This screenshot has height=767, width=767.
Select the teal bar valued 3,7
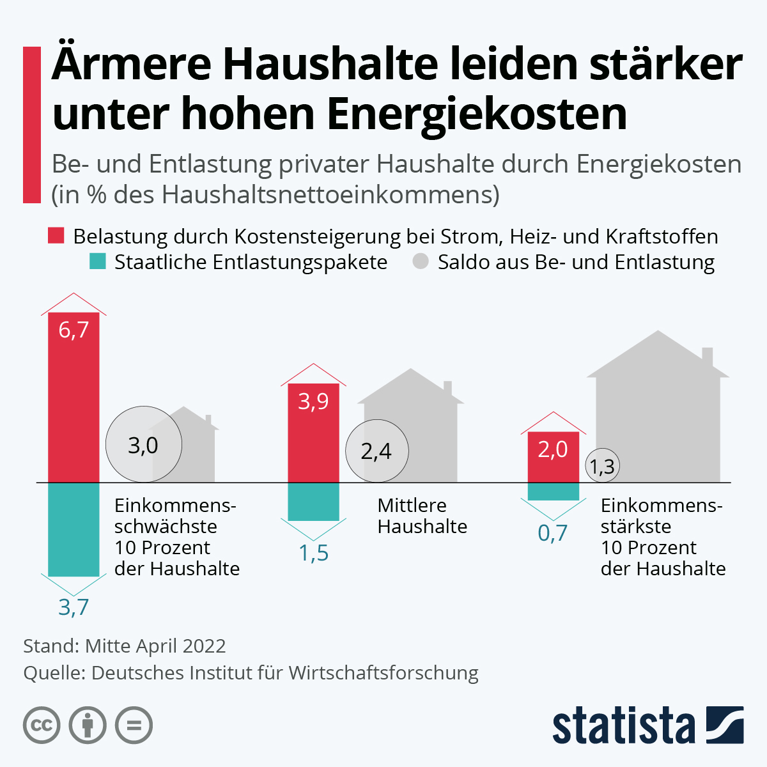(74, 529)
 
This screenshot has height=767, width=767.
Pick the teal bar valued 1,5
(313, 501)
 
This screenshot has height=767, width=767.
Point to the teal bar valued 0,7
(553, 491)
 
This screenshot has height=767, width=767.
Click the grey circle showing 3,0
(144, 445)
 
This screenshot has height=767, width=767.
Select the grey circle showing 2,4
(376, 451)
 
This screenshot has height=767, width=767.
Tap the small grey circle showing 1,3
(602, 466)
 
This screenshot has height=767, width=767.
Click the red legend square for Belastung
(56, 236)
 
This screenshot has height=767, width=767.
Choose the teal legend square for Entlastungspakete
(97, 262)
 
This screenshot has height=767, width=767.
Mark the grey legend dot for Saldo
(421, 262)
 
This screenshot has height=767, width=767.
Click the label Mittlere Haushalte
(422, 516)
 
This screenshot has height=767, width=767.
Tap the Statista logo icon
(724, 725)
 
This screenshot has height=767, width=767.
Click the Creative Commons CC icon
(42, 725)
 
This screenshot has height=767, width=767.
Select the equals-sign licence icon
(134, 725)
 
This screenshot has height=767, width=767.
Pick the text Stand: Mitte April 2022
(125, 646)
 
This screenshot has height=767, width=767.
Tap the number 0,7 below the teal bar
(553, 532)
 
